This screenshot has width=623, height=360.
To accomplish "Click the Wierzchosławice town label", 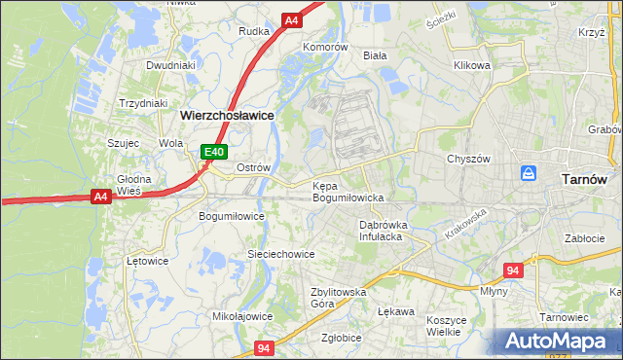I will (x=227, y=115).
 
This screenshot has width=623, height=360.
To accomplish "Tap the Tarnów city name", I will (x=586, y=179).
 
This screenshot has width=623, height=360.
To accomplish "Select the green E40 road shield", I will (x=215, y=152).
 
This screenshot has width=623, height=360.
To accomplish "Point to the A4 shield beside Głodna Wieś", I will (x=100, y=197).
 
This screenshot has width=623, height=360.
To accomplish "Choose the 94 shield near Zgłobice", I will (x=264, y=347).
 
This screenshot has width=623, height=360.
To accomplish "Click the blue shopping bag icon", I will (x=529, y=172).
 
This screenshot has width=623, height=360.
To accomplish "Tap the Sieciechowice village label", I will (x=280, y=254).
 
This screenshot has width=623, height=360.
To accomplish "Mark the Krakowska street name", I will (x=464, y=227).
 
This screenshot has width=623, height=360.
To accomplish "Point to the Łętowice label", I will (x=148, y=261).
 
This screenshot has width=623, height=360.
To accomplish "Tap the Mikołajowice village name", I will (x=242, y=316).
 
